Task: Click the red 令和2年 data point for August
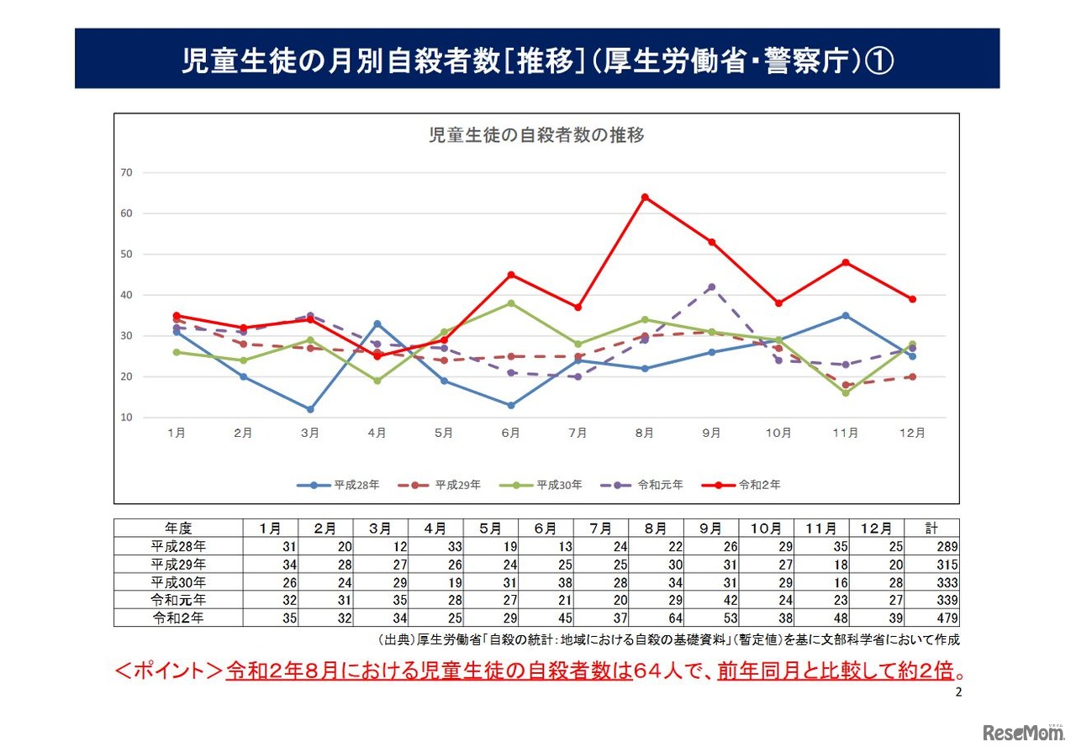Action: (645, 197)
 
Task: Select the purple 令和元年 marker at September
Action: (711, 287)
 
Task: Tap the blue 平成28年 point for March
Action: (310, 409)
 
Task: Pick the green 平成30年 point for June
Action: (510, 303)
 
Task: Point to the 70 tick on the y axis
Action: (127, 172)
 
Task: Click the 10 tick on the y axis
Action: (127, 418)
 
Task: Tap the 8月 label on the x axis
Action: (645, 434)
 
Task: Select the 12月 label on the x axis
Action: (912, 434)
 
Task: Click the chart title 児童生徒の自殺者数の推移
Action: (536, 135)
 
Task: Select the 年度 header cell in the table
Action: (178, 529)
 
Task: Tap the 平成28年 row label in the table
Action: (178, 546)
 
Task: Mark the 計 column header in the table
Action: (931, 529)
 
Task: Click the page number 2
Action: (959, 693)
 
